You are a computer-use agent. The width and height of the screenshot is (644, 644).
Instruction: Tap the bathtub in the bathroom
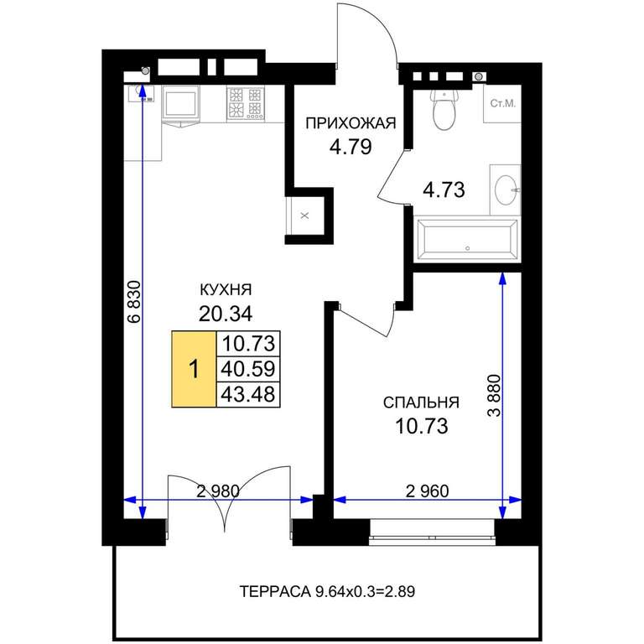pos(467,240)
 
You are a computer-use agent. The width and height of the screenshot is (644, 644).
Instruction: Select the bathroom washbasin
pos(506,190)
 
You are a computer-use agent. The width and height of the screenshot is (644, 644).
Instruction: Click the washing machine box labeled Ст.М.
pos(502,103)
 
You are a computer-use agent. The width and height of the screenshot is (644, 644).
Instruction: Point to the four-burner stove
pos(246,104)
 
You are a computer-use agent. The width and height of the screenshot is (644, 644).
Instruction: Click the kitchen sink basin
pos(141,94)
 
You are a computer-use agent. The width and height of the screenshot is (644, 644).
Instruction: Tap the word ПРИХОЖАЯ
pos(351,123)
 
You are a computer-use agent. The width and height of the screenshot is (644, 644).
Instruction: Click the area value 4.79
pos(351,147)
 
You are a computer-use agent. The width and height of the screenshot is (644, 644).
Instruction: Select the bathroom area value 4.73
pos(444,190)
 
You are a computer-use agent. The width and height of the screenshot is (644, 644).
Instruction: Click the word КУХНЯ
pos(226,290)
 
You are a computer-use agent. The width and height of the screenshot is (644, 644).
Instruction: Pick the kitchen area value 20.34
pos(226,314)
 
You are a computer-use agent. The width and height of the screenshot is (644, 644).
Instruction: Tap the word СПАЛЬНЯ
pos(421,402)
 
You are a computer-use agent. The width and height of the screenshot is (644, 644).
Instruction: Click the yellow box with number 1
pos(194,369)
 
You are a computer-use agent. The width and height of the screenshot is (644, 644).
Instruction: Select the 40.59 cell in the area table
pos(248,369)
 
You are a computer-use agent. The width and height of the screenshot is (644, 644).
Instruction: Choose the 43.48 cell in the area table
pos(248,394)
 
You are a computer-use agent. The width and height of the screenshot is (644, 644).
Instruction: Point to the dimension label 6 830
pos(135,302)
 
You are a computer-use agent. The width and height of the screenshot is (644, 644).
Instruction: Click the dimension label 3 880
pos(495,396)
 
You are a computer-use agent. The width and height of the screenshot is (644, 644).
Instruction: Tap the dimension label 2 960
pos(427,491)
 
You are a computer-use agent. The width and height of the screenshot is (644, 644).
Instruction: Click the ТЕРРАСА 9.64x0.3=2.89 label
pos(327,592)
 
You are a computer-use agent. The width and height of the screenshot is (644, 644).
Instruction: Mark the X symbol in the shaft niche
pos(304,216)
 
